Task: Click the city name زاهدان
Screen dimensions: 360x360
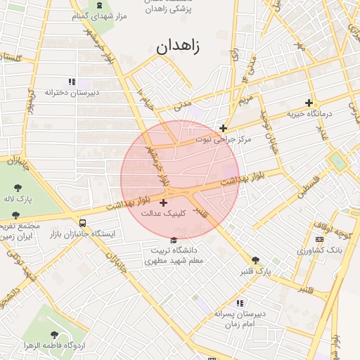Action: pyautogui.click(x=176, y=48)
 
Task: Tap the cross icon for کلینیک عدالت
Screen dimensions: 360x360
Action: pyautogui.click(x=164, y=202)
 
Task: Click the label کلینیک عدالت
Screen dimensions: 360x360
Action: pyautogui.click(x=164, y=212)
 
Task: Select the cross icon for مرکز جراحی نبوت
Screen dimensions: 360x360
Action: pyautogui.click(x=224, y=128)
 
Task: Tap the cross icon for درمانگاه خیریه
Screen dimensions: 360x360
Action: pyautogui.click(x=309, y=103)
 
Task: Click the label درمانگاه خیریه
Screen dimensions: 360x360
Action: pyautogui.click(x=308, y=114)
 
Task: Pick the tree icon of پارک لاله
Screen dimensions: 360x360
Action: pyautogui.click(x=18, y=188)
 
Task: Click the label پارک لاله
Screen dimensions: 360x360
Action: pyautogui.click(x=18, y=199)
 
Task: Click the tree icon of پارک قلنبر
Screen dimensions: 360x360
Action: pyautogui.click(x=255, y=260)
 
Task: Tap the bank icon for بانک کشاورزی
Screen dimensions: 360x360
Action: pyautogui.click(x=320, y=240)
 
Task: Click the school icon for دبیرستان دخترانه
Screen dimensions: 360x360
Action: pyautogui.click(x=72, y=82)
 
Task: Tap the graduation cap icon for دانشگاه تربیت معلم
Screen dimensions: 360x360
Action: pyautogui.click(x=174, y=240)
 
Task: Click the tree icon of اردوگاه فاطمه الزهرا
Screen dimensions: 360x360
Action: pyautogui.click(x=55, y=335)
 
